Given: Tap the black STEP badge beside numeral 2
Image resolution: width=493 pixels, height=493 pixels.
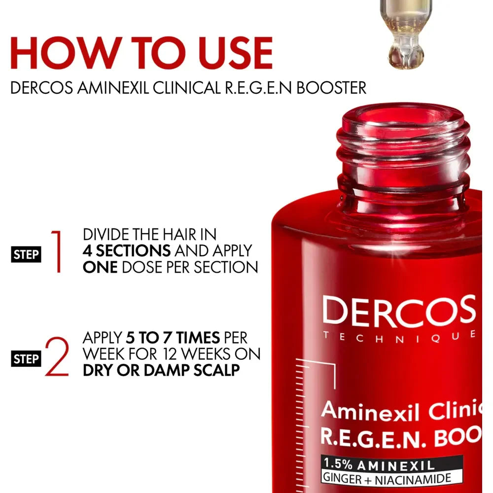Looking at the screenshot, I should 26,359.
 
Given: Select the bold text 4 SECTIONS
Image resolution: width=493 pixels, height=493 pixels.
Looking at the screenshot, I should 127,250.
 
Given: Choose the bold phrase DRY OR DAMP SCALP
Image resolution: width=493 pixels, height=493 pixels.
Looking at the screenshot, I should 161,370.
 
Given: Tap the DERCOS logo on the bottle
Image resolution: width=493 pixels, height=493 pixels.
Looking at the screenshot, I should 399,311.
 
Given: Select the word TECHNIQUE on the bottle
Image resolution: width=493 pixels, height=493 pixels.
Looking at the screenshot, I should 399,336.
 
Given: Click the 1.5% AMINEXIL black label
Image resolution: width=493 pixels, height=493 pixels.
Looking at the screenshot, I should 383,464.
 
